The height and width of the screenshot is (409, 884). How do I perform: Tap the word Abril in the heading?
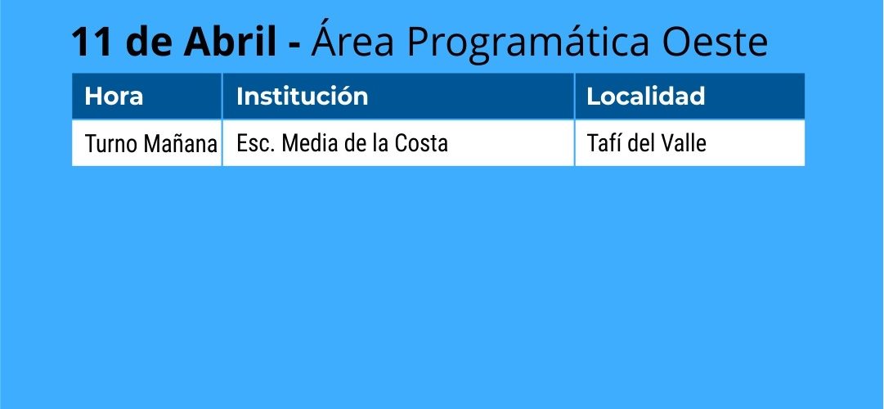point(230,43)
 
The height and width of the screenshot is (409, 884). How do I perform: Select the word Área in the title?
point(352,39)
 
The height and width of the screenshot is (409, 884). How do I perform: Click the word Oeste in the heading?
point(715,43)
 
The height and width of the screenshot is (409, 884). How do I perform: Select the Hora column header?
point(114,97)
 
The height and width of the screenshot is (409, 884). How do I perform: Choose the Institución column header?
point(303,97)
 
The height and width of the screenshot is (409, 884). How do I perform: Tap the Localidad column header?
point(645,97)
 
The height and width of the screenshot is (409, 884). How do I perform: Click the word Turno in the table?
point(111,145)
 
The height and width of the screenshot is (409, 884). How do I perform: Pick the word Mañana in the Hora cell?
point(180,145)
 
